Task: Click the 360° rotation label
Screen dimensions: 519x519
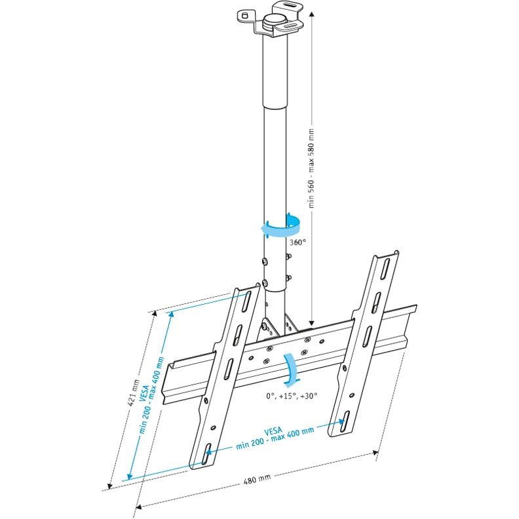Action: point(298,241)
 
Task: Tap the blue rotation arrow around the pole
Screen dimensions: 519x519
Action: point(279,227)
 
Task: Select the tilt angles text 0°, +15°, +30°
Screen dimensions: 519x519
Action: point(292,395)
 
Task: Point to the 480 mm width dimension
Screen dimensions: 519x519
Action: point(257,480)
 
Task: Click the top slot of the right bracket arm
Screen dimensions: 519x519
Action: point(387,268)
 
